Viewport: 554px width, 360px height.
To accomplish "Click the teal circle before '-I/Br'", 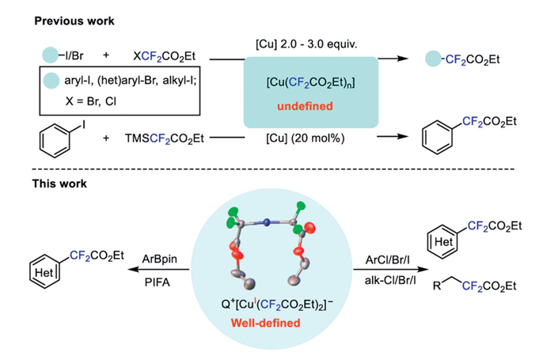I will (51, 58).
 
